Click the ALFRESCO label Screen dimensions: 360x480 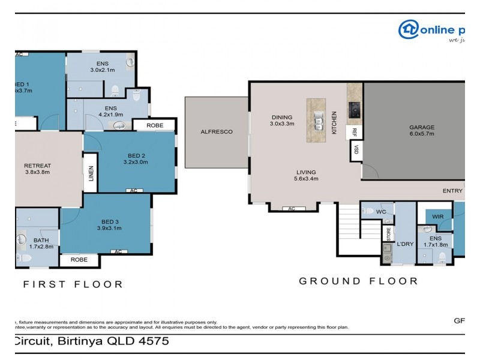point(216,131)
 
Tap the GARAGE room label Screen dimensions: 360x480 point(421,127)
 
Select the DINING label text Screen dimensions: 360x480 point(281,118)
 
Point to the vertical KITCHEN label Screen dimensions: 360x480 point(335,122)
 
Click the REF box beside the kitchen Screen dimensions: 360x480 point(355,132)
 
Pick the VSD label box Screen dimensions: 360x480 point(355,150)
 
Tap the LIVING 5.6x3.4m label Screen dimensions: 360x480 point(305,172)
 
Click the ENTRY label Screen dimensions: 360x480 point(452,191)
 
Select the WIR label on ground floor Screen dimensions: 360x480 point(438,217)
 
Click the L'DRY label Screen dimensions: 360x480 point(406,244)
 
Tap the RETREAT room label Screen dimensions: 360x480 point(37,166)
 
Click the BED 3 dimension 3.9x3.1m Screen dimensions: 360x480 point(109,227)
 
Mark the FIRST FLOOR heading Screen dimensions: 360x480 point(73,284)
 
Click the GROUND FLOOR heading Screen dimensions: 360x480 point(358,281)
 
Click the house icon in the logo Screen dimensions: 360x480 point(409,29)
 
